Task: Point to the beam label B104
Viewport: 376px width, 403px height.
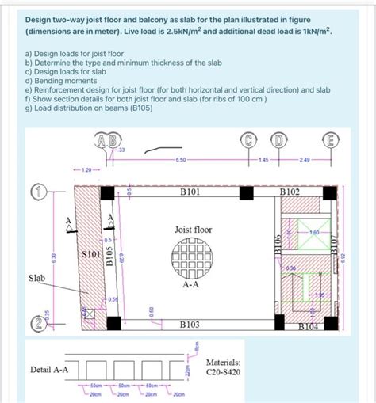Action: coord(310,325)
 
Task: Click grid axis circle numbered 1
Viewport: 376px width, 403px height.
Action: coord(37,191)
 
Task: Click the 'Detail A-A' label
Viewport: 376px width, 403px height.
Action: coord(48,369)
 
